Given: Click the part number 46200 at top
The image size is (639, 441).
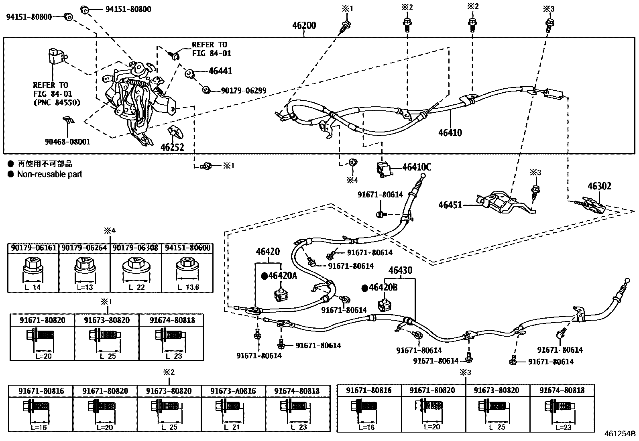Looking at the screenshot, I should point(304,26).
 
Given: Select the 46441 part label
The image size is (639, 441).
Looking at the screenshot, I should point(220,71).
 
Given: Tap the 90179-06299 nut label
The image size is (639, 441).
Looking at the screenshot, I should point(243,91).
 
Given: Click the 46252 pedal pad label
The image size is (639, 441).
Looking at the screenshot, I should point(172,147).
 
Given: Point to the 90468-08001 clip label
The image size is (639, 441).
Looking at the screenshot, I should point(67,142).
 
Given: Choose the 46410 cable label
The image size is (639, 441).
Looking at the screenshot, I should point(450,133).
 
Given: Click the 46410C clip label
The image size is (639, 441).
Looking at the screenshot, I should point(417,167).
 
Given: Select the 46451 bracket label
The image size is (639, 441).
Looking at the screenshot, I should point(450,205).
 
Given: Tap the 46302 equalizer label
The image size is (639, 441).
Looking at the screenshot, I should point(600,186).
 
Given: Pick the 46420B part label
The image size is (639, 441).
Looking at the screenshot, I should point(383,287).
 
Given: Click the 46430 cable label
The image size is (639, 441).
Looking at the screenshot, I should point(400,270).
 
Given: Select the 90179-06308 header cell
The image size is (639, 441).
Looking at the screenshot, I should point(135,248).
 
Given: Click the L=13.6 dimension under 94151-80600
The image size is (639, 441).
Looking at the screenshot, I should point(187,287).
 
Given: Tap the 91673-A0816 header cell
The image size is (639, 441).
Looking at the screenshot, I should point(233,391).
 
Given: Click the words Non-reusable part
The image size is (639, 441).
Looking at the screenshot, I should point(49,174).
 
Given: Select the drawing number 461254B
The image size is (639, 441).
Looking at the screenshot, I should point(620,434).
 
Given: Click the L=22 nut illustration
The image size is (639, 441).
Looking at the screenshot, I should point(135,267).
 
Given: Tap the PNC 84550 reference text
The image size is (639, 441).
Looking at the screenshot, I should point(56,103).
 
